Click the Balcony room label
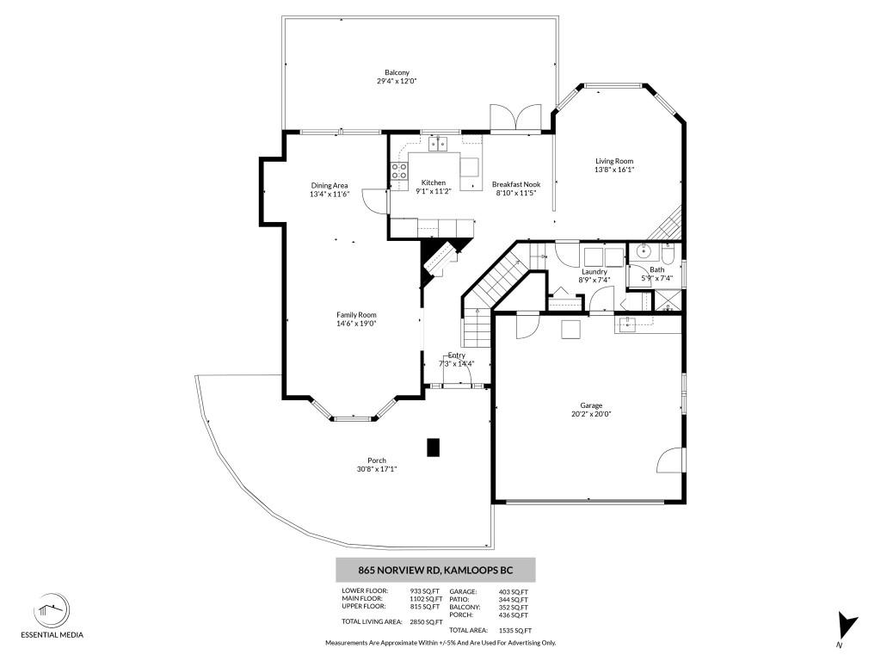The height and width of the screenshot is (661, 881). click(397, 72)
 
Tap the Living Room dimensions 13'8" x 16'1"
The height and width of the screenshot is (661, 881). click(614, 170)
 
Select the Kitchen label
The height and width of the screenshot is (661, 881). click(433, 182)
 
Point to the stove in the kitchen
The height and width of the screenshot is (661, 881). click(399, 170)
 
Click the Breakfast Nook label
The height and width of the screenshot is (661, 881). click(516, 184)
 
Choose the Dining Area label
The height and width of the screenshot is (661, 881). click(330, 185)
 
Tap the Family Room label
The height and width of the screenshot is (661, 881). click(356, 315)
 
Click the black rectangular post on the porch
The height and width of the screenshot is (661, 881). click(434, 447)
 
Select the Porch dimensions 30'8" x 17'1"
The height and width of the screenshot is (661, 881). click(377, 469)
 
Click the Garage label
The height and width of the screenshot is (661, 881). click(591, 405)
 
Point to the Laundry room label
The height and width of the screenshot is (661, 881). click(594, 271)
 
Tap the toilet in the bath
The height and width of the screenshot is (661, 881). click(644, 252)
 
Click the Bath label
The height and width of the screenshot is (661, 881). click(656, 270)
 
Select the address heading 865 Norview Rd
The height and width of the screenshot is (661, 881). click(434, 570)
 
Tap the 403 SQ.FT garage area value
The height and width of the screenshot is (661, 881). click(514, 591)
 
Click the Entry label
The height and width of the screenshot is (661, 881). click(456, 355)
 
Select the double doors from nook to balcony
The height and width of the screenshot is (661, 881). click(503, 119)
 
